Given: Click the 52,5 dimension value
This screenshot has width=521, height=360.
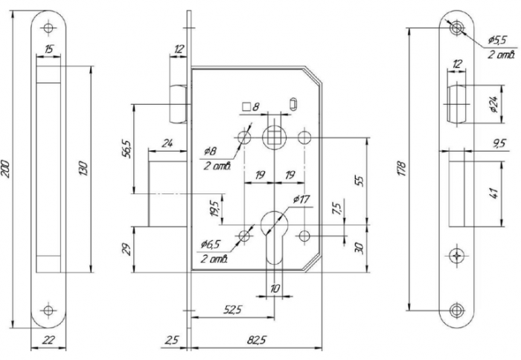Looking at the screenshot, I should point(233,309).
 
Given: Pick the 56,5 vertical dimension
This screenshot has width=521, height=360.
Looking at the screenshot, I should point(127,149).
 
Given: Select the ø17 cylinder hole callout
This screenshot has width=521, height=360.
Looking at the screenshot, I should point(301,199).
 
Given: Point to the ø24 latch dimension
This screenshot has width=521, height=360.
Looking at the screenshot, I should point(493,104).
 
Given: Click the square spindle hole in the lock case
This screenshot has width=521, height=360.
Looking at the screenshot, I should point(274,138).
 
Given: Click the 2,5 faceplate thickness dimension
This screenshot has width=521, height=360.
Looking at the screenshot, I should point(171,341).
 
